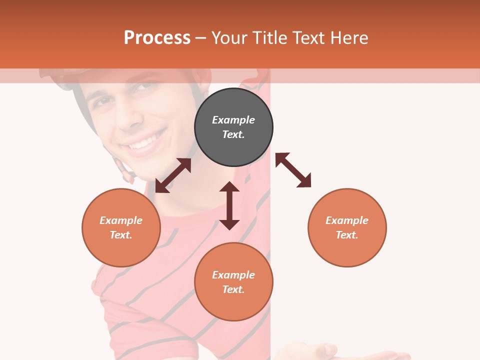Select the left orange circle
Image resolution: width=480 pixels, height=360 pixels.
(121, 227)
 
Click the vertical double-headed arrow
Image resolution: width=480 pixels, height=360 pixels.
(229, 205)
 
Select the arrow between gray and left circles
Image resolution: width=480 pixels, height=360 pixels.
(173, 175)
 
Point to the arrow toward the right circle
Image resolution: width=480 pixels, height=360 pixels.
(293, 170)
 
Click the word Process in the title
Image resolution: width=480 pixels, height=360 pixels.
(157, 37)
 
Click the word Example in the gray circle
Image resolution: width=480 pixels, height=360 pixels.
(233, 120)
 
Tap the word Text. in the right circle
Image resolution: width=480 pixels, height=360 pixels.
(347, 235)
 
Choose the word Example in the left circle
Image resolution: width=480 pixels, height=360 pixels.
(121, 220)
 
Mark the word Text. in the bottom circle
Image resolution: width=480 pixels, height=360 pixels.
(233, 289)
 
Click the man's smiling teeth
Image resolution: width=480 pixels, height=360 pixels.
(145, 143)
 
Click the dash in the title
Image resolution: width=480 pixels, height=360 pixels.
(201, 38)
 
